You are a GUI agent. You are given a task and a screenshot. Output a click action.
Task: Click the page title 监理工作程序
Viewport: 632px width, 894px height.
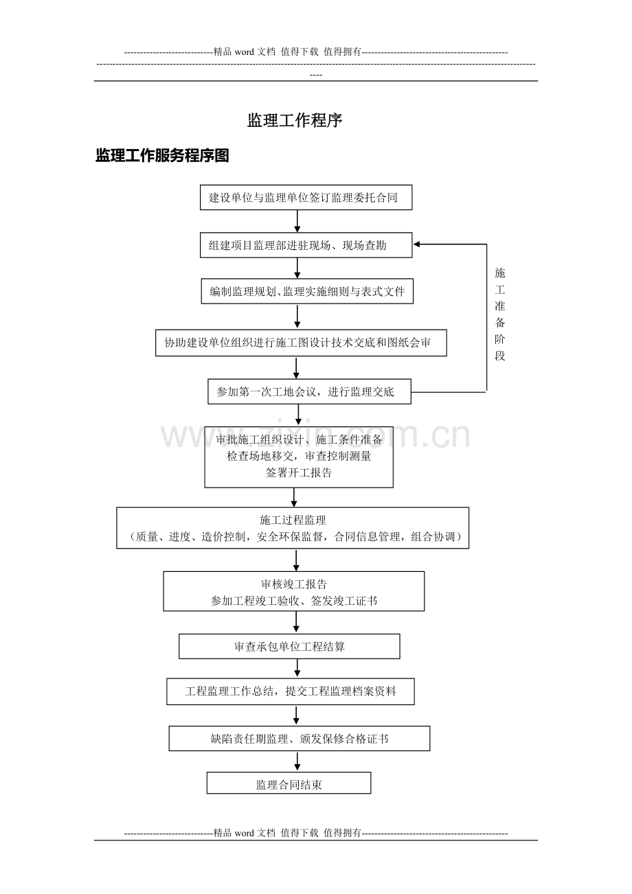(x=295, y=121)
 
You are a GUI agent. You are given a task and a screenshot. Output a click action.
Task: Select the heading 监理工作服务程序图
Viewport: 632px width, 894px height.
(x=162, y=155)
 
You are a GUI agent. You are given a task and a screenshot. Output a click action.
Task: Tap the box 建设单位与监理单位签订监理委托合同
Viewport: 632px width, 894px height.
(x=306, y=197)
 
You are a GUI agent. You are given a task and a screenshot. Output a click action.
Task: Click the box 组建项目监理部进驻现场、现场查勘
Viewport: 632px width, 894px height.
(x=306, y=245)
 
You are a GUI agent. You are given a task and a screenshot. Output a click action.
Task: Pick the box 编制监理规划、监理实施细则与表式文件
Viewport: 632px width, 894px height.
(x=307, y=291)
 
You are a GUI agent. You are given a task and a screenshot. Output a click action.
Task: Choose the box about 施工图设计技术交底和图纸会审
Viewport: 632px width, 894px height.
(x=301, y=343)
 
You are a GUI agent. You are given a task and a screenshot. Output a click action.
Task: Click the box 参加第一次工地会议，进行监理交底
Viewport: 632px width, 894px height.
(x=309, y=391)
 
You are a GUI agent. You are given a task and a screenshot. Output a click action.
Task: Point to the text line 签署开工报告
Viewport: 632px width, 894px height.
(x=299, y=473)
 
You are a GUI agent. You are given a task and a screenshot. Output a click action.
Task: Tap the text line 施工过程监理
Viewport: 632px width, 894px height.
(x=293, y=520)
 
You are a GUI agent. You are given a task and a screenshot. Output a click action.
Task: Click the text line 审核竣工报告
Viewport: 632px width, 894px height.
(x=294, y=584)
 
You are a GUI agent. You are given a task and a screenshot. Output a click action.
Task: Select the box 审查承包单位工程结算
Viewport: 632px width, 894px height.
(x=289, y=646)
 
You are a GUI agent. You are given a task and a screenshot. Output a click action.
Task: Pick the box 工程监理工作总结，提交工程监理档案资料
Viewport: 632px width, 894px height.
(x=291, y=691)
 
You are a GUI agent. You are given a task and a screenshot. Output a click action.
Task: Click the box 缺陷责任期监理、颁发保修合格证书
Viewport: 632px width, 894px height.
(x=300, y=738)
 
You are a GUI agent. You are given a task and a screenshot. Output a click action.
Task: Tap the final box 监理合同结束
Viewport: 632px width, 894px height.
(x=289, y=783)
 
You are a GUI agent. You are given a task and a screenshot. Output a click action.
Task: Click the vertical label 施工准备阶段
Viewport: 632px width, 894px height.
(x=500, y=314)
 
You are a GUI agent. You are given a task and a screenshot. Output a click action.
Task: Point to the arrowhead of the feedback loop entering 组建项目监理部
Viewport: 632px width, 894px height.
(x=416, y=244)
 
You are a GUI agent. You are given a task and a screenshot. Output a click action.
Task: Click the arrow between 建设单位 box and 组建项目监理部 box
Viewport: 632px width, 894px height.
(x=297, y=221)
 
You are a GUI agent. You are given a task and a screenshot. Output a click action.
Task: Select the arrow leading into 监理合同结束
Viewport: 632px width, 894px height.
(x=297, y=761)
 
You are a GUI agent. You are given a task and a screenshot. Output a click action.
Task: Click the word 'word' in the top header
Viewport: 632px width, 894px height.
(x=245, y=52)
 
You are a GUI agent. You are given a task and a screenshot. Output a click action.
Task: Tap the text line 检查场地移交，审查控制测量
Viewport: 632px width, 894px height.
(x=299, y=456)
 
